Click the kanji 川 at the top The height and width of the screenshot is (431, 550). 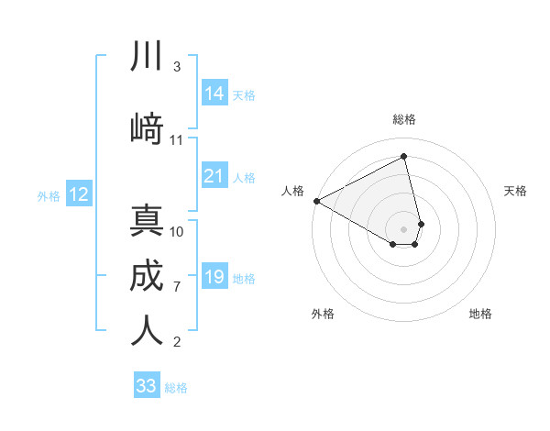(147, 57)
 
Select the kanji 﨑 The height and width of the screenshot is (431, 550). (147, 129)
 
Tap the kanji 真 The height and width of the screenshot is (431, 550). (147, 221)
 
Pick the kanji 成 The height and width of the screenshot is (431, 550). (147, 276)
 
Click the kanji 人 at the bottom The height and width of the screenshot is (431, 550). (147, 331)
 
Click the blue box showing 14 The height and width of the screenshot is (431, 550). (214, 94)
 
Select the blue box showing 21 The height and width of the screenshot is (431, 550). (214, 175)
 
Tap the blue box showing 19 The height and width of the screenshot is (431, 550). (214, 277)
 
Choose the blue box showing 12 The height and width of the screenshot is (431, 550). (79, 194)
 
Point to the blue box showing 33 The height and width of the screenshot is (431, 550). (147, 386)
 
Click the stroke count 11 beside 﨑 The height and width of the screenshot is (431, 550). (177, 140)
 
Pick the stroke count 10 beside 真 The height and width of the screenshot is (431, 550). (177, 231)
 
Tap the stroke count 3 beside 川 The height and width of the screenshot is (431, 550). (177, 67)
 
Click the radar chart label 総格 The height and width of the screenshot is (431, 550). (404, 119)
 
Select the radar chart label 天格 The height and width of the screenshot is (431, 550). (515, 191)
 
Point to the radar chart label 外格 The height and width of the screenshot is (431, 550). (323, 314)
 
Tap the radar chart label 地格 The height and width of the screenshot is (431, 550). (480, 314)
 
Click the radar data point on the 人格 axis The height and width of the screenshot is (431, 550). (316, 200)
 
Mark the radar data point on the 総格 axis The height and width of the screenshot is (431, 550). (404, 156)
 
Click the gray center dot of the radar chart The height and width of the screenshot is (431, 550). (404, 227)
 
